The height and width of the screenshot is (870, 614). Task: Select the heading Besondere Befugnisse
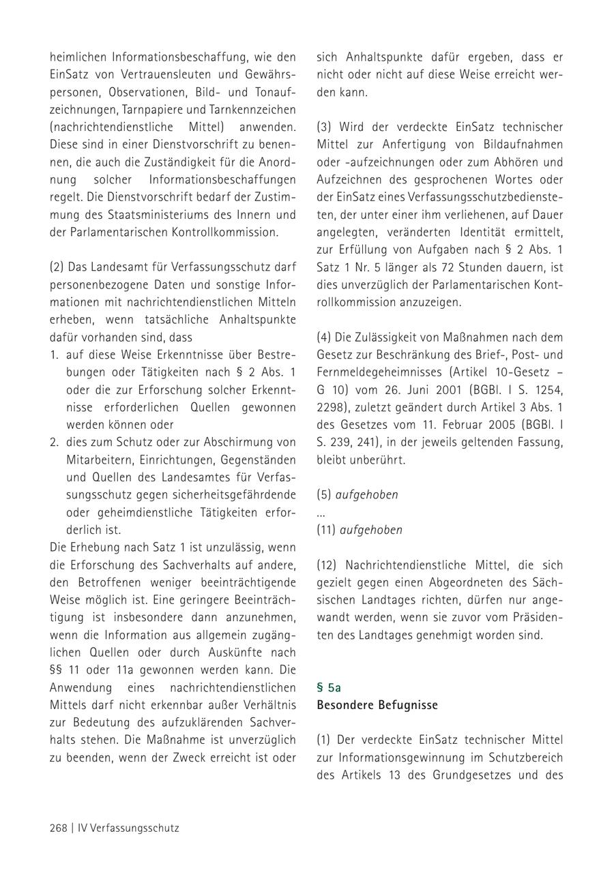click(x=377, y=705)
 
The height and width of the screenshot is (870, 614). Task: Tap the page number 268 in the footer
click(x=58, y=828)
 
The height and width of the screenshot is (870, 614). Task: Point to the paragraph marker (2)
click(x=57, y=267)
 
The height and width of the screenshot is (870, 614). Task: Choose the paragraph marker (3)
click(x=325, y=127)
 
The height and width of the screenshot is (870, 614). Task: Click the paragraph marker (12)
click(x=327, y=565)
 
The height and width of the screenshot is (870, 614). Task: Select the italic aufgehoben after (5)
click(x=366, y=495)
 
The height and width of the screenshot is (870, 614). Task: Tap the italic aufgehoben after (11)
click(x=371, y=530)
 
